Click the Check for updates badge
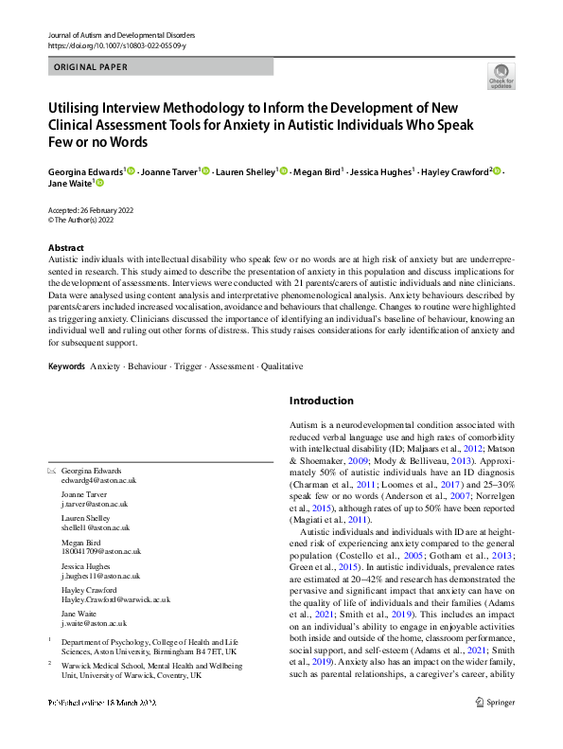(x=501, y=76)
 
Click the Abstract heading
(x=65, y=247)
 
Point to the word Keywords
(x=66, y=366)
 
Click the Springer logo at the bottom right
(x=494, y=728)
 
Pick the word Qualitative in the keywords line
(x=281, y=366)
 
